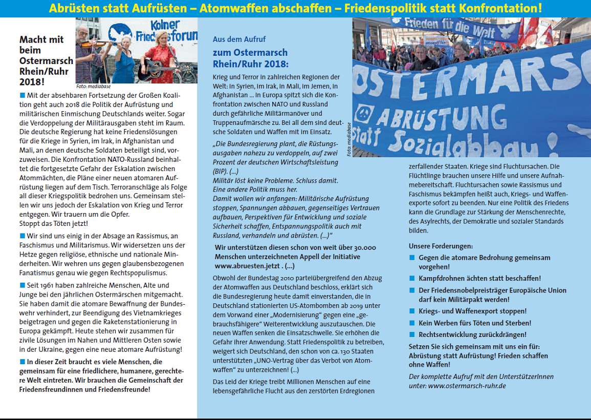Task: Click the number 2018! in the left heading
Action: (x=32, y=82)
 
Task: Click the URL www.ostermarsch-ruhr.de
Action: (x=467, y=385)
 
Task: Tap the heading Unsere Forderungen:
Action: (x=441, y=246)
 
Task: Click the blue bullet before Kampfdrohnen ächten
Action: (x=412, y=278)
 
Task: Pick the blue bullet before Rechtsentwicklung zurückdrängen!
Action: (x=412, y=334)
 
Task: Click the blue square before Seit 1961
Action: (x=23, y=285)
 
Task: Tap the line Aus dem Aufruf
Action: (x=239, y=39)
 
